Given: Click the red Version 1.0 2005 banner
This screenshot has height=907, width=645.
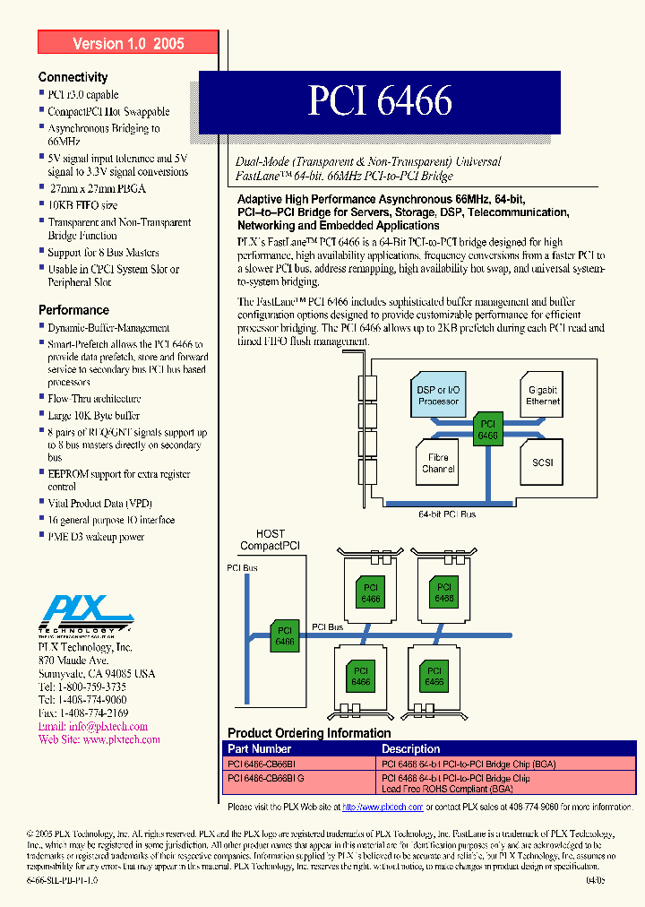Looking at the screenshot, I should click(x=128, y=43).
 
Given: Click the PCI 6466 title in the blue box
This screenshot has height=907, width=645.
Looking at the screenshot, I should click(x=380, y=101).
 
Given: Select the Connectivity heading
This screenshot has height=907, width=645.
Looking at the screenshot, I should click(x=73, y=77).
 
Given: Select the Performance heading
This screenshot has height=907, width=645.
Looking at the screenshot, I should click(x=73, y=310).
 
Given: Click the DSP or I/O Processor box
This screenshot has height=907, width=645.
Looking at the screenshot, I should click(x=438, y=395).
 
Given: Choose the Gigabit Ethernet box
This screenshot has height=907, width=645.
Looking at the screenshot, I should click(x=542, y=395).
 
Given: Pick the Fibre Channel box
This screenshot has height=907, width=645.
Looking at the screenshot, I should click(x=438, y=462).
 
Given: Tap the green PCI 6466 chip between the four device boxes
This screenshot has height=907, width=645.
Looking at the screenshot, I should click(x=488, y=429).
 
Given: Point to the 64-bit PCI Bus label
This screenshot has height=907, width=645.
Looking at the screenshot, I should click(x=449, y=514).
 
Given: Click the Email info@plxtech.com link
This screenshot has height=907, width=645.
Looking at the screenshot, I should click(x=92, y=726).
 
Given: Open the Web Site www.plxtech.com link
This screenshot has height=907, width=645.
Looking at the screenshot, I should click(x=99, y=739).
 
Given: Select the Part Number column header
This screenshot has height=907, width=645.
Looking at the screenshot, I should click(x=259, y=748).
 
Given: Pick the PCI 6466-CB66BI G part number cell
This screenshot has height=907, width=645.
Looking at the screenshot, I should click(x=266, y=779).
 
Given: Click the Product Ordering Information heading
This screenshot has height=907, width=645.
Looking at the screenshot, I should click(x=309, y=733).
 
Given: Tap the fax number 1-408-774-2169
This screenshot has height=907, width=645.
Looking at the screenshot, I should click(x=82, y=713).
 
